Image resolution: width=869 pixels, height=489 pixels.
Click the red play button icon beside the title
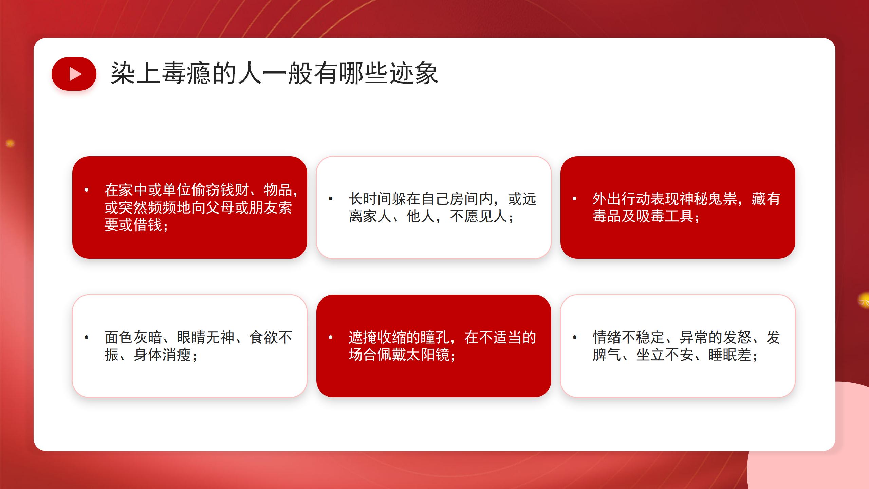74,74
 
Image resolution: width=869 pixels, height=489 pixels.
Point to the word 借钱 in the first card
148,225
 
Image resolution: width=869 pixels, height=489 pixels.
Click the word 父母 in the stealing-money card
220,207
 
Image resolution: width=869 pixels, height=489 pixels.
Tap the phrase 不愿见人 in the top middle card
479,216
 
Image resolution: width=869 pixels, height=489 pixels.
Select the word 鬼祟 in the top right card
723,199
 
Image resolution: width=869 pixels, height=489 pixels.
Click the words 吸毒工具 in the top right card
665,216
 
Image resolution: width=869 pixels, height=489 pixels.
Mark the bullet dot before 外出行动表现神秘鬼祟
574,199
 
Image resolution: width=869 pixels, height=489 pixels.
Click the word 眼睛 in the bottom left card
191,337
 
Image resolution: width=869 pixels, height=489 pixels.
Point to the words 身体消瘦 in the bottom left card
162,355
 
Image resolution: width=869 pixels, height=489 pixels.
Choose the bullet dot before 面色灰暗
87,337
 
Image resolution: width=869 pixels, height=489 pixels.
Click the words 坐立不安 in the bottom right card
665,355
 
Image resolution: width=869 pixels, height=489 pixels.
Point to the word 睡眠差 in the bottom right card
729,355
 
